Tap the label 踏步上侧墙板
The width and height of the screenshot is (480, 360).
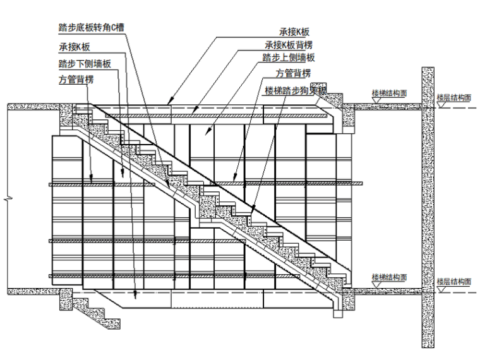coord(289,58)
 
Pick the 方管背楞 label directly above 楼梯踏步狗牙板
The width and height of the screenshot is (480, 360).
coord(292,74)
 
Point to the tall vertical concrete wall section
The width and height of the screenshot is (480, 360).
coord(428,208)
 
